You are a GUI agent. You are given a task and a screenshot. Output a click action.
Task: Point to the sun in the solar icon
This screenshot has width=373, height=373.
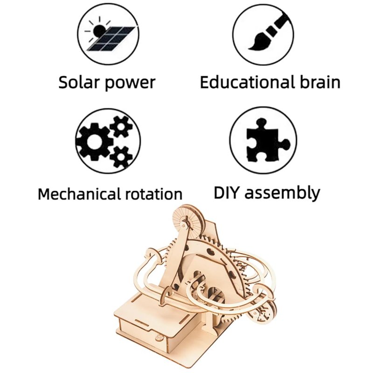[x=98, y=30]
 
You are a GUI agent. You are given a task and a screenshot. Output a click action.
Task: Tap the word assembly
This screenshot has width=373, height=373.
[x=283, y=193]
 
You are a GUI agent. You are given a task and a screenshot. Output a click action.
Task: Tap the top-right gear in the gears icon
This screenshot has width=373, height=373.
[x=121, y=127]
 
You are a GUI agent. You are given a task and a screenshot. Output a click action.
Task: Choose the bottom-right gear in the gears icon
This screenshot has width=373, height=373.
[x=121, y=157]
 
